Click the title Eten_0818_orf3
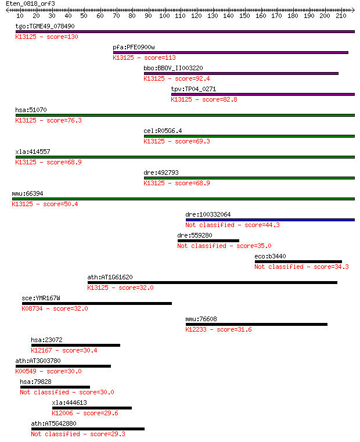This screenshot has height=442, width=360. [x=30, y=3]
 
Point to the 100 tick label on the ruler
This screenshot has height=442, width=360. [x=164, y=16]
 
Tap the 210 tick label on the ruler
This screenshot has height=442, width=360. [x=341, y=16]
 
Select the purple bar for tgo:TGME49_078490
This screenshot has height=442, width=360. [x=185, y=31]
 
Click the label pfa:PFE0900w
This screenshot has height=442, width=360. [x=134, y=47]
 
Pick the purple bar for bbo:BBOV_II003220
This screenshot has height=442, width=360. [x=241, y=73]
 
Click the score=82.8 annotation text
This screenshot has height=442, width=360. [x=219, y=99]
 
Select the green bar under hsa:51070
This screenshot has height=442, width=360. [x=185, y=116]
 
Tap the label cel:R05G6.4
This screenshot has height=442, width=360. [x=163, y=131]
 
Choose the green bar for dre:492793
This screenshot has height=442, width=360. [x=249, y=178]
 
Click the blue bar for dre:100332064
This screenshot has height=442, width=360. [x=270, y=220]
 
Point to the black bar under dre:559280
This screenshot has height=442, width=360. [x=208, y=240]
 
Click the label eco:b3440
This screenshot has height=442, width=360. [x=270, y=256]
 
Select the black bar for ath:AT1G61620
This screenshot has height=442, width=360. [x=213, y=282]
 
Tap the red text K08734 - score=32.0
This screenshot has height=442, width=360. [x=55, y=308]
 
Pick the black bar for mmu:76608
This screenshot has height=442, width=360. [x=257, y=325]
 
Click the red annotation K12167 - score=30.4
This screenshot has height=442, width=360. [x=64, y=350]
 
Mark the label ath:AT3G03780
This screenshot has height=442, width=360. [x=38, y=361]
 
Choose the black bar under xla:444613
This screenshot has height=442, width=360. [x=92, y=408]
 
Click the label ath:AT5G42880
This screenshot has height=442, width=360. [x=53, y=423]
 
